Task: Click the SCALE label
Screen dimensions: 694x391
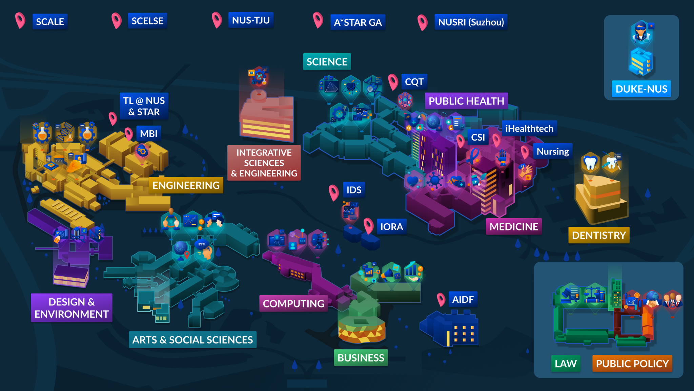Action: [x=50, y=22]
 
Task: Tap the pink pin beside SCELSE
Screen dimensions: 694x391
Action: [x=117, y=20]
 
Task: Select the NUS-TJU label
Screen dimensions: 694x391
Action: [x=251, y=20]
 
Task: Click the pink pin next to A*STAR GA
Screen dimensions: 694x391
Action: [x=318, y=20]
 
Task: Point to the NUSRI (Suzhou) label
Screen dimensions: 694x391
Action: [x=471, y=22]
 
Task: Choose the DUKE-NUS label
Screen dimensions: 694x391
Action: [x=641, y=89]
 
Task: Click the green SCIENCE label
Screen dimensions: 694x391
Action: [x=327, y=62]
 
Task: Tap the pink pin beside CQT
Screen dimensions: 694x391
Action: [x=393, y=82]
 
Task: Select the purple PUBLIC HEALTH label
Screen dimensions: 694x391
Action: [x=466, y=101]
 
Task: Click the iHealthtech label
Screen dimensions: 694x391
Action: [x=529, y=129]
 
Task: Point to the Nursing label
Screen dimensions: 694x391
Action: [x=553, y=151]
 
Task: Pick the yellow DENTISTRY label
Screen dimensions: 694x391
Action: [x=599, y=235]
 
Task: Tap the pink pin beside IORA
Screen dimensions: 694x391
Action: [x=368, y=226]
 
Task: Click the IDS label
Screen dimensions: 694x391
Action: [x=354, y=190]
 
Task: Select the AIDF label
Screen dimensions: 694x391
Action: [x=463, y=299]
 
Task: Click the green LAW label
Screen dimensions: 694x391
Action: [x=566, y=364]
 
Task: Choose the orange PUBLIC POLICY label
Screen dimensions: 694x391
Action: [x=632, y=364]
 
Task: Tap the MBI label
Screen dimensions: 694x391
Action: [x=149, y=134]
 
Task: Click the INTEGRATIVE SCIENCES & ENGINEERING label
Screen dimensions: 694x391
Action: [x=264, y=163]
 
